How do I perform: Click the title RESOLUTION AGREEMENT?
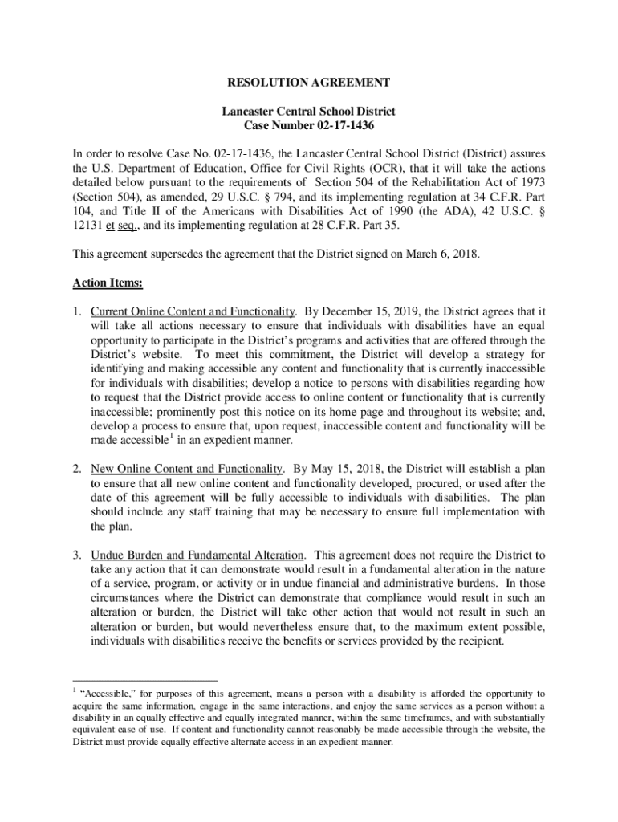tap(309, 83)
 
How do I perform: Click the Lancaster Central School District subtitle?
tap(309, 112)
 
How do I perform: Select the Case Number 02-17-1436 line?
tap(309, 126)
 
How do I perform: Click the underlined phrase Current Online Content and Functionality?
tap(193, 311)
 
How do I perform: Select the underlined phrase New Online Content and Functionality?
tap(186, 469)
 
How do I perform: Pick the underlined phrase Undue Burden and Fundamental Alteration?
tap(197, 555)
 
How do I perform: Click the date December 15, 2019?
tap(376, 311)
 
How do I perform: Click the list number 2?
tap(76, 469)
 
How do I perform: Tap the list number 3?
tap(76, 555)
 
